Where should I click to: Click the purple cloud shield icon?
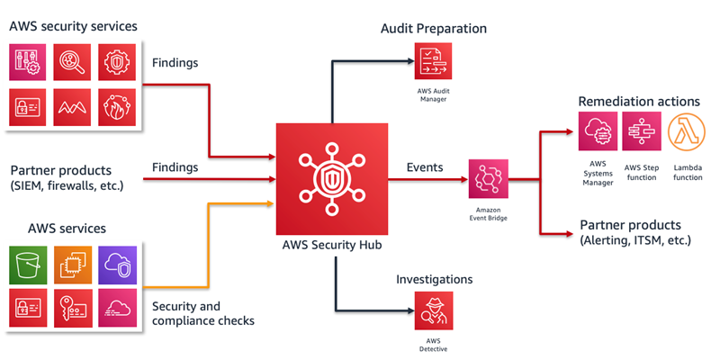tap(117, 265)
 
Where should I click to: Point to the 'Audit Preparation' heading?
tap(434, 29)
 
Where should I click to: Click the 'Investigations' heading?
tap(435, 280)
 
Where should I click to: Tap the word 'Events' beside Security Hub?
tap(425, 167)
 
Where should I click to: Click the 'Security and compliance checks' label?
tap(203, 313)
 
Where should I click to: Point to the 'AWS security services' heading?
tap(73, 26)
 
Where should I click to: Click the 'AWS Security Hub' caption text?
tap(333, 247)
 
